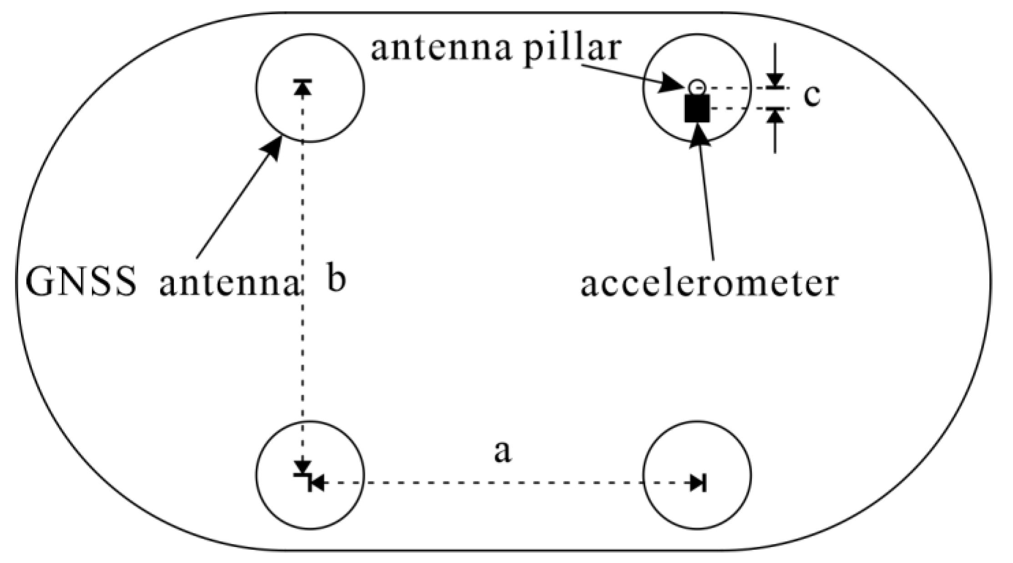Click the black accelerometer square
pyautogui.click(x=697, y=109)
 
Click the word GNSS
pyautogui.click(x=81, y=283)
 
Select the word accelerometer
pyautogui.click(x=709, y=284)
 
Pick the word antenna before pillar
pyautogui.click(x=441, y=49)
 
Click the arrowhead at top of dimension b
pyautogui.click(x=303, y=87)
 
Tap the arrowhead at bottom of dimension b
pyautogui.click(x=303, y=467)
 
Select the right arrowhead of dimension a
pyautogui.click(x=698, y=483)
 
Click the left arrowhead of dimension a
pyautogui.click(x=317, y=483)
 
